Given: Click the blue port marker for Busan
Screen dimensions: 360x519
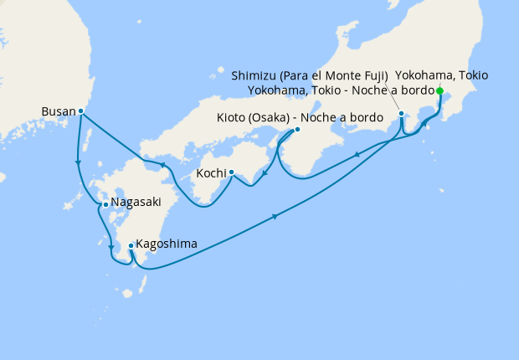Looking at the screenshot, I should click(80, 111).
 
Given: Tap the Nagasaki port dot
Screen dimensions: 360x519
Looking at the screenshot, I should click(105, 203).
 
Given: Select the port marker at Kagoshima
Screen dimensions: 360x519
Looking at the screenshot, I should click(131, 245).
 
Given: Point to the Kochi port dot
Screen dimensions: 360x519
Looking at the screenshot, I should click(231, 173).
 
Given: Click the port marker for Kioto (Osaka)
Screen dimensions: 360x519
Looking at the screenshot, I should click(297, 130).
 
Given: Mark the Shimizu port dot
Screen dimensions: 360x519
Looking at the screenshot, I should click(401, 113).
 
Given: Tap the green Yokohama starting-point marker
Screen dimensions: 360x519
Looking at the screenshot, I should click(439, 92).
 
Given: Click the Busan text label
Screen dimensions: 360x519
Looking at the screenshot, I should click(58, 110).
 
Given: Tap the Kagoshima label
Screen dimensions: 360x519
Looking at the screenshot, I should click(167, 244).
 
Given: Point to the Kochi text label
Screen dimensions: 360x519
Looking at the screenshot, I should click(211, 173).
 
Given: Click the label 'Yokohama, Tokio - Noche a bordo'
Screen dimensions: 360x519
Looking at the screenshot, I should click(342, 90).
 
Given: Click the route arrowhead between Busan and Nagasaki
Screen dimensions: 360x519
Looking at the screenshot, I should click(78, 162).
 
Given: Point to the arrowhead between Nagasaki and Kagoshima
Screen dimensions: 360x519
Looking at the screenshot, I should click(110, 246).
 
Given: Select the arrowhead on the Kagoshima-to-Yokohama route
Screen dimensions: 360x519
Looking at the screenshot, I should click(275, 219).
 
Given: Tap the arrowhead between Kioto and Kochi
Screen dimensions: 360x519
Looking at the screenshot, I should click(265, 174).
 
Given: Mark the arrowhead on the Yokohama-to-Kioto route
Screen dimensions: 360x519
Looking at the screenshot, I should click(357, 154).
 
